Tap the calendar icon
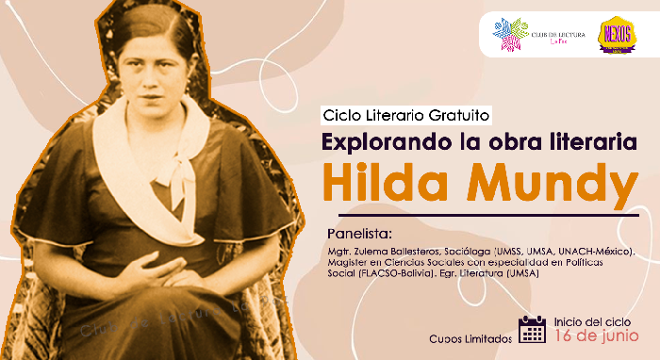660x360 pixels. [532, 329]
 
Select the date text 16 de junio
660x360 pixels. [596, 336]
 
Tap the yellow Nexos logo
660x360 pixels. [614, 36]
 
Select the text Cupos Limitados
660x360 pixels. [470, 337]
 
